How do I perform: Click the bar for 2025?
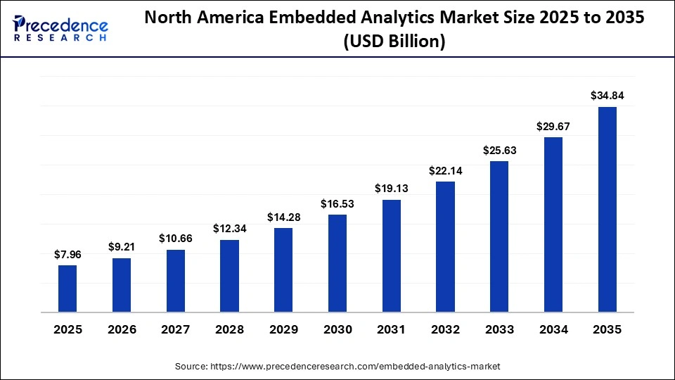tap(67, 289)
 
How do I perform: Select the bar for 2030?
tap(337, 263)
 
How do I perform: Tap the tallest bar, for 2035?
tap(607, 210)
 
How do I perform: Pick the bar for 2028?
tap(229, 276)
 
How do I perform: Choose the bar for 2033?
tap(499, 236)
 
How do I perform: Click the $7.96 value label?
tap(67, 255)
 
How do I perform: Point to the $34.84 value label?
tap(607, 96)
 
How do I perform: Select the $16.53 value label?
tap(337, 204)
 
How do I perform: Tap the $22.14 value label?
tap(445, 171)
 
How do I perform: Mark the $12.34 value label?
tap(229, 229)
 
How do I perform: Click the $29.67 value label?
tap(553, 126)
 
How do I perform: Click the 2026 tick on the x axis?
tap(122, 329)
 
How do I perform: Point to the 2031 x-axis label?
tap(392, 329)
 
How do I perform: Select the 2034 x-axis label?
tap(553, 329)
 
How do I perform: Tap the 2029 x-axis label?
tap(283, 329)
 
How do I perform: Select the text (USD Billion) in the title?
tap(394, 42)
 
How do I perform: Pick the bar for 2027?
tap(176, 281)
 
